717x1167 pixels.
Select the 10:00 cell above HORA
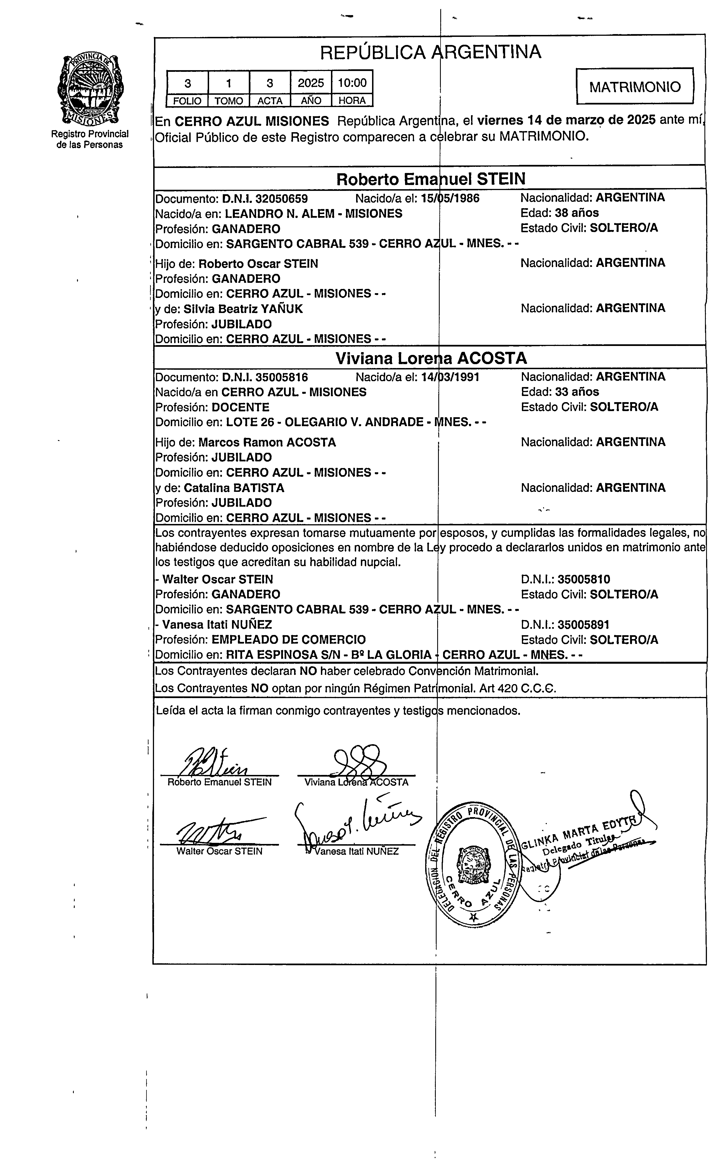(x=352, y=83)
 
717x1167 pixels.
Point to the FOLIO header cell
(x=187, y=101)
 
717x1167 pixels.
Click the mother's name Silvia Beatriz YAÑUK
(x=243, y=309)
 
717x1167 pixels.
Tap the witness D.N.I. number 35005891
(x=583, y=625)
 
